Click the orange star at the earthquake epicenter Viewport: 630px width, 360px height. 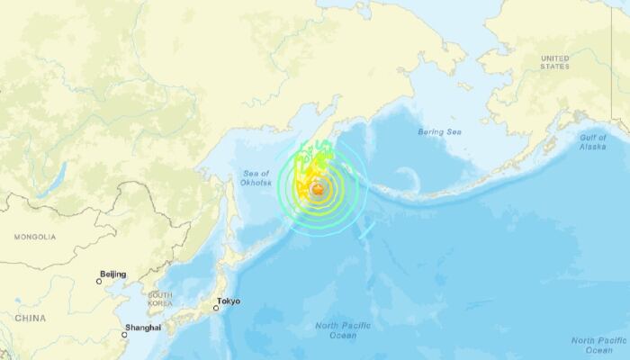pyautogui.click(x=318, y=188)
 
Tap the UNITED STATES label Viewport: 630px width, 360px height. pyautogui.click(x=555, y=61)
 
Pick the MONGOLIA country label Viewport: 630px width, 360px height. pyautogui.click(x=34, y=237)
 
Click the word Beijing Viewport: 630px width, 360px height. pyautogui.click(x=113, y=274)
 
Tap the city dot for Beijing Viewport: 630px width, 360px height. pyautogui.click(x=100, y=281)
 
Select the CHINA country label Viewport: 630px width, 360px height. pyautogui.click(x=30, y=318)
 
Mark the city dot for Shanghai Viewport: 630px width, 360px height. pyautogui.click(x=125, y=335)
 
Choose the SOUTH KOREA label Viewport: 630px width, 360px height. pyautogui.click(x=160, y=300)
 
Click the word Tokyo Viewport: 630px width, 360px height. pyautogui.click(x=229, y=301)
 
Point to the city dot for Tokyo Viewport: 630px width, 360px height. pyautogui.click(x=216, y=309)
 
